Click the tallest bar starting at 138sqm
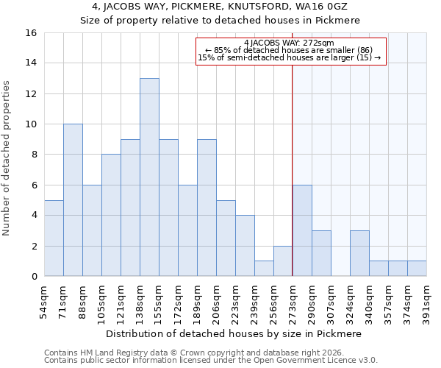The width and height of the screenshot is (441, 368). coord(149,177)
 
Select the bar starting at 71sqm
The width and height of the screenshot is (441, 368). coord(73,200)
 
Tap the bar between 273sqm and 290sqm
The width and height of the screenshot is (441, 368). coord(302,230)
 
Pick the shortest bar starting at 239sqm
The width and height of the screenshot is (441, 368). coord(264,269)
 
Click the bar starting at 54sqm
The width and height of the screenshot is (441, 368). coord(54,238)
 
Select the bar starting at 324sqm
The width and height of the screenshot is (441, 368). coord(359,253)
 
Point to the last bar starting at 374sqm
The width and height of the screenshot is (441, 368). coord(417,269)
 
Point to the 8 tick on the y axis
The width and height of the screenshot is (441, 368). coord(34,155)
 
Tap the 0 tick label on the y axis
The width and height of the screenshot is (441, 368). coord(34,276)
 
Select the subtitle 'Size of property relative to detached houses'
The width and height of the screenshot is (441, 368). coord(220,21)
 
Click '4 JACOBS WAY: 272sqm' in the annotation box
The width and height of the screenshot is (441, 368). coord(291,43)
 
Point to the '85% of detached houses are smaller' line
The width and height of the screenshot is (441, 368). coord(291,50)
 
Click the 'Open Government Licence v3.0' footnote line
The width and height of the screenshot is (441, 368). coord(211,361)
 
